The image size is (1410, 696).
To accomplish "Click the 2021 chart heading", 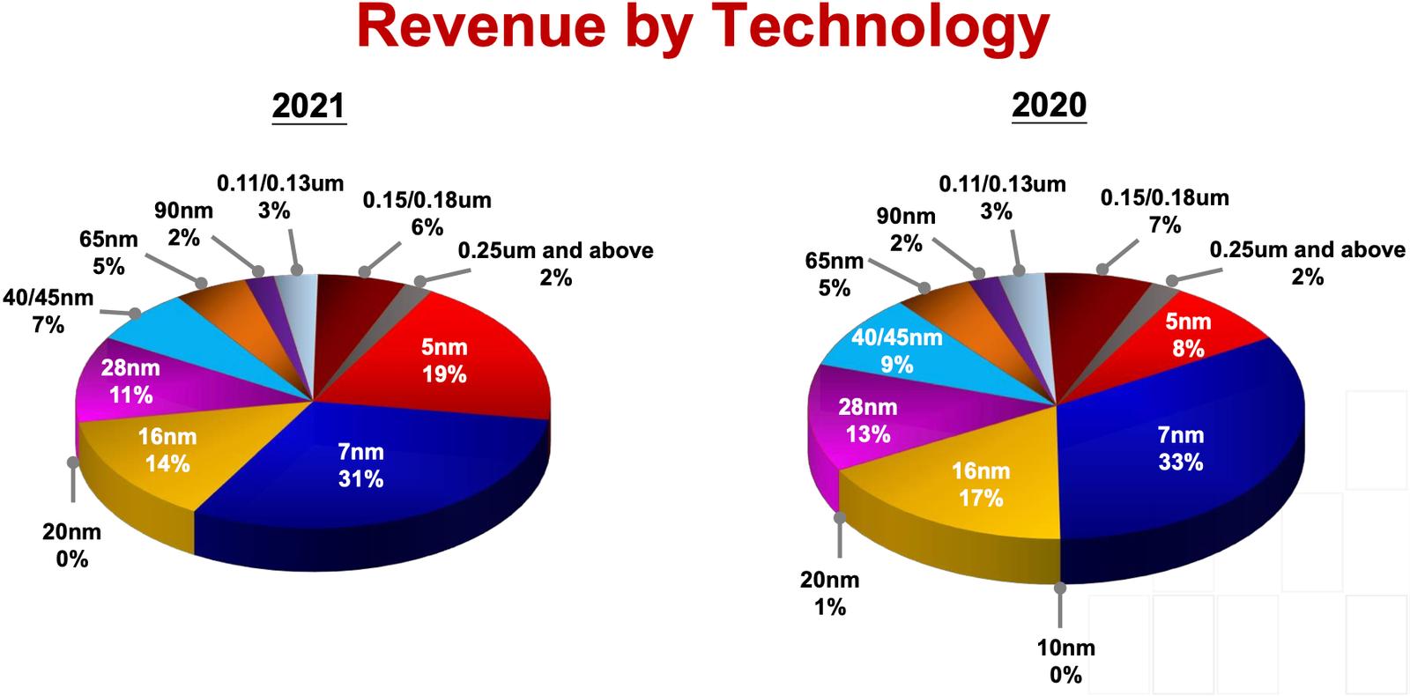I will pos(308,106).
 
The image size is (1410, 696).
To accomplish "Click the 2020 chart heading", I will pos(1049,105).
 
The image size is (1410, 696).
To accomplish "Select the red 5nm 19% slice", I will pos(443,361).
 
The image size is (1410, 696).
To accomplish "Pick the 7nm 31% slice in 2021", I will pos(361,465).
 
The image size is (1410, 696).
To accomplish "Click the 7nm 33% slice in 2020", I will pos(1180,448).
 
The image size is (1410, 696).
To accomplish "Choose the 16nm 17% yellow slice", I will pos(980,485).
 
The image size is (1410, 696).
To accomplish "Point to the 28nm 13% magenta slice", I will pos(868,420).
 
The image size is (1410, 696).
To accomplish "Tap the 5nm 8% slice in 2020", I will pos(1188,335).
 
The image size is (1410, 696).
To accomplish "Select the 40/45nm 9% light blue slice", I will pos(896,351).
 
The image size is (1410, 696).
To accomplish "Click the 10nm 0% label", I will pos(1065,662).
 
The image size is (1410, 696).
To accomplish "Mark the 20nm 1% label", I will pos(829,593).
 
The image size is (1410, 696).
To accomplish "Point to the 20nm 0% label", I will pos(71,545).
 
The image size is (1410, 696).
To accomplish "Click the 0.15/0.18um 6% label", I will pos(427,213).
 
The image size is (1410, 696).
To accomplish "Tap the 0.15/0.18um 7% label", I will pos(1164,211).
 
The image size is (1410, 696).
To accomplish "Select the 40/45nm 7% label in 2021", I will pos(48,311).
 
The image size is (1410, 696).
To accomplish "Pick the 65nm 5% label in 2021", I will pos(108,253).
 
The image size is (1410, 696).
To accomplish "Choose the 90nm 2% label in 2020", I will pos(906,229).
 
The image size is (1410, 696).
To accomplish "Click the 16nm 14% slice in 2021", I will pos(167,450).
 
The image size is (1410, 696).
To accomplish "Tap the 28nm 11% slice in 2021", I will pos(131,381).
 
